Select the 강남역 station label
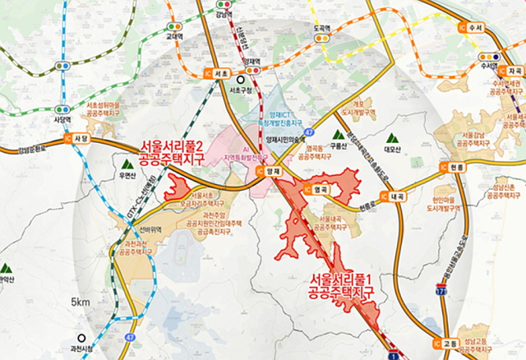(x=223, y=14)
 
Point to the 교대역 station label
(x=173, y=36)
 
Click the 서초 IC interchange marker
(x=217, y=73)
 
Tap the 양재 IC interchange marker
(x=268, y=171)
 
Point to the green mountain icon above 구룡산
(x=337, y=133)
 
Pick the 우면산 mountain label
(x=127, y=175)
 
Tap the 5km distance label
(x=80, y=302)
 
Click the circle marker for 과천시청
(x=81, y=338)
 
